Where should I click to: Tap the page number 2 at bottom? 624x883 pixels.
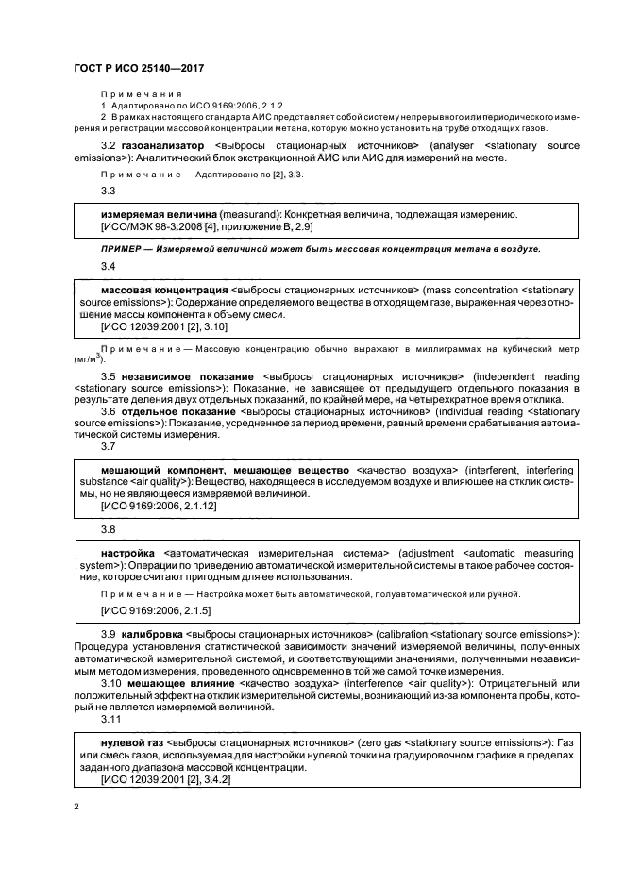pos(76,807)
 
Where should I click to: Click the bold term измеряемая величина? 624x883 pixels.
pos(158,215)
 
